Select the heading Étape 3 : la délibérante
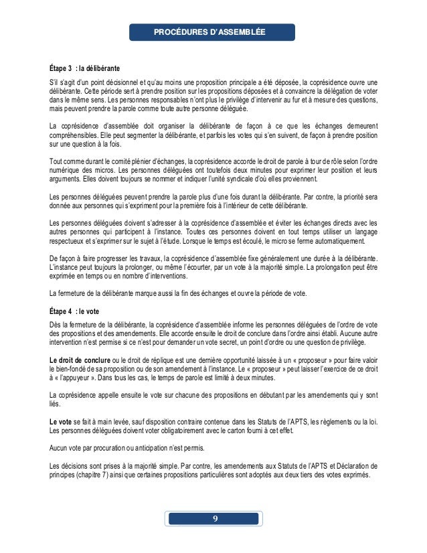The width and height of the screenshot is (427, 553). pyautogui.click(x=85, y=69)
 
